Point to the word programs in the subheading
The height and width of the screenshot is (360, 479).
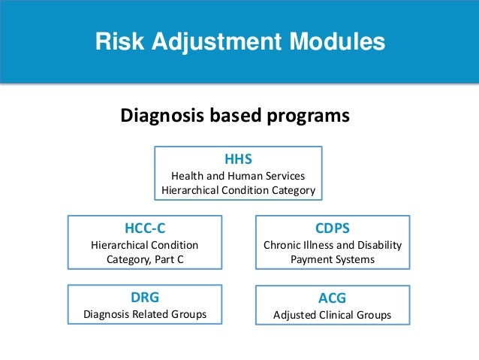306,116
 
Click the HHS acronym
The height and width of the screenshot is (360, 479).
238,159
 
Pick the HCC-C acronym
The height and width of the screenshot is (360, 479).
144,228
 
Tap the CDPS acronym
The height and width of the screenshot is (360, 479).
332,228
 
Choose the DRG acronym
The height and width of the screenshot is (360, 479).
144,298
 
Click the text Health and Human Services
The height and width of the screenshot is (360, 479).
238,176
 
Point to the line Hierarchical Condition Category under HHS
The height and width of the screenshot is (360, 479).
238,190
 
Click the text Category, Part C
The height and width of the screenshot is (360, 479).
144,259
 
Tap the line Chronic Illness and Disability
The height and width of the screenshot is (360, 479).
332,245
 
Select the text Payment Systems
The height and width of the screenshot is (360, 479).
332,259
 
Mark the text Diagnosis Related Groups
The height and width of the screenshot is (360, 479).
144,314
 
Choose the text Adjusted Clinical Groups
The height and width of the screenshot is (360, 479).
332,315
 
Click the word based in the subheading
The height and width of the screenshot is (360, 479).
233,116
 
